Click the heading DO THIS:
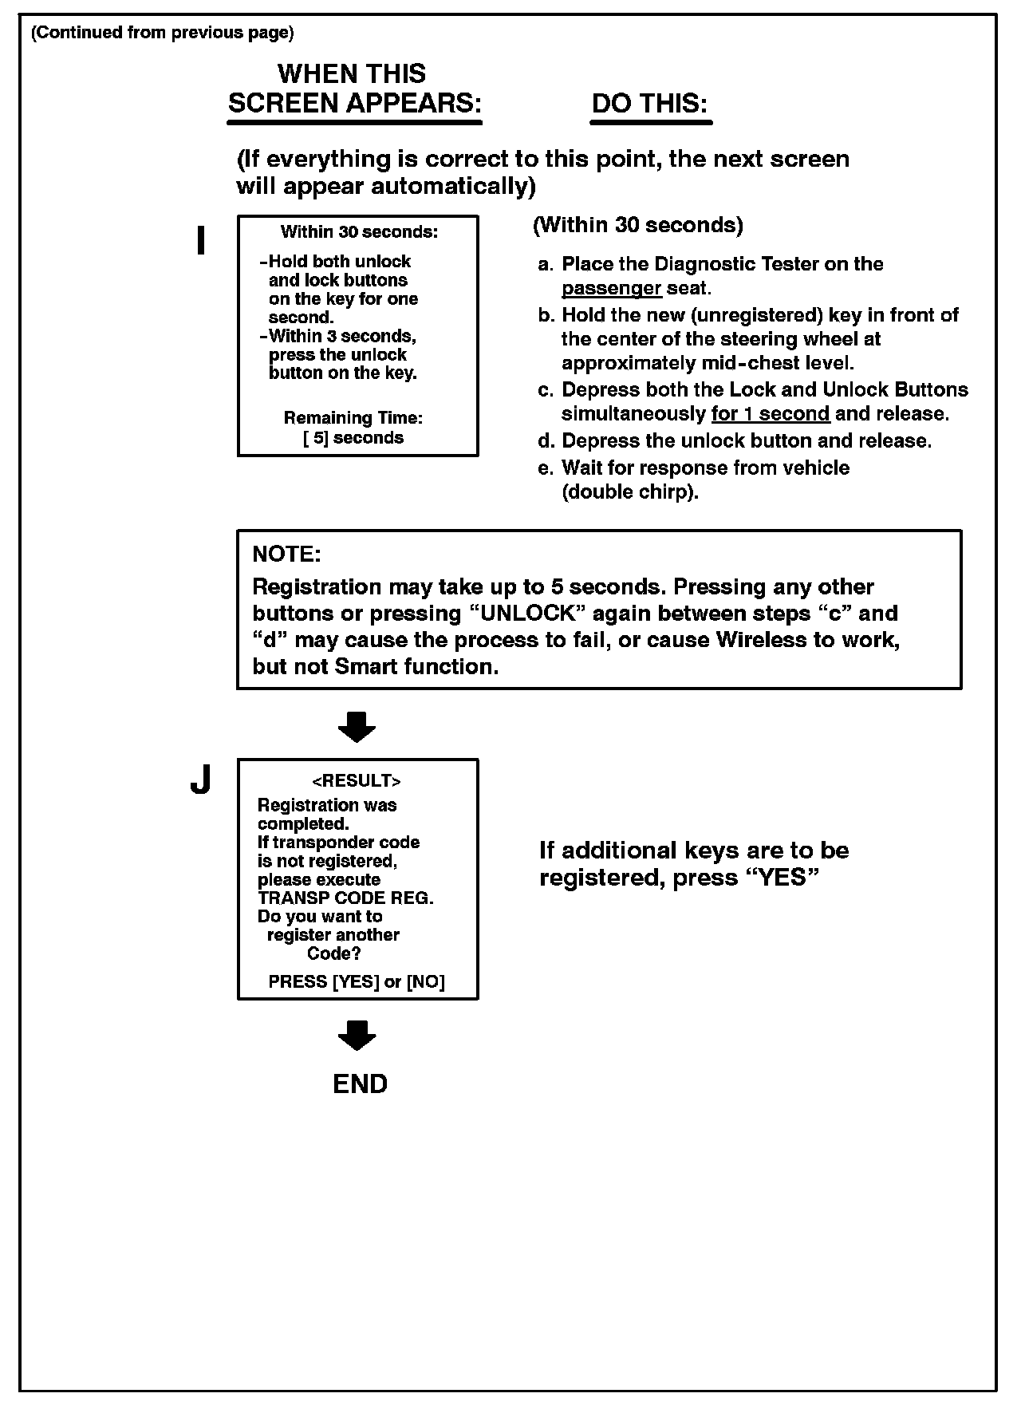point(650,104)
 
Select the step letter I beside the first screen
point(201,241)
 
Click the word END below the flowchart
point(360,1083)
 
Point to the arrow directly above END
point(357,1035)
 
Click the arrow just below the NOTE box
point(357,726)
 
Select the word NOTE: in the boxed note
point(286,554)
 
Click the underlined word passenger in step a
point(611,288)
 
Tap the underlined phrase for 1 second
point(770,414)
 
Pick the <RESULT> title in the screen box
point(357,781)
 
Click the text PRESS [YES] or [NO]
point(357,982)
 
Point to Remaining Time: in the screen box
point(353,418)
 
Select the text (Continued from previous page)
point(162,33)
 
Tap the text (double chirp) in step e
point(630,492)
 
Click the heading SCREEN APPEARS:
point(355,104)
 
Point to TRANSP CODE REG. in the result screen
point(345,898)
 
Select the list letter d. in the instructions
point(546,441)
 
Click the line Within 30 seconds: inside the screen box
point(359,232)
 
